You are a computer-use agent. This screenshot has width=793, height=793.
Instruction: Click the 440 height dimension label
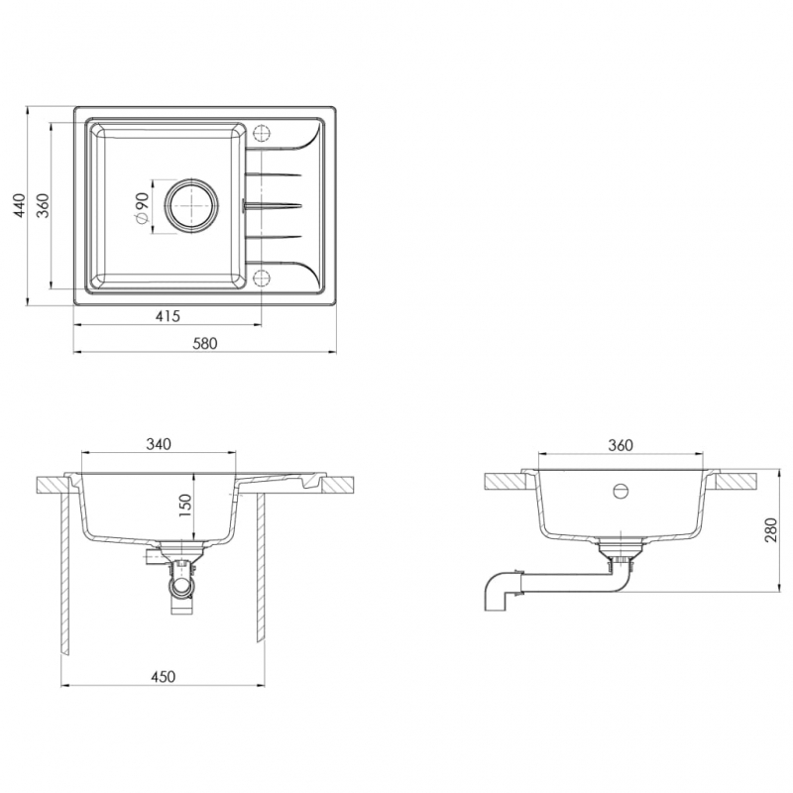click(x=19, y=205)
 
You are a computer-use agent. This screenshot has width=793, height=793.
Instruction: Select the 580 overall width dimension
click(x=205, y=343)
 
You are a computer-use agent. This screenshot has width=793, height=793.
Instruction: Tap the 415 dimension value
click(x=168, y=316)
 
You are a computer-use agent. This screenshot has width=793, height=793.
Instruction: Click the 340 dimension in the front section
click(x=159, y=444)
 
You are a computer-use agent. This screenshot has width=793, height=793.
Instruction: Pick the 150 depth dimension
click(x=185, y=506)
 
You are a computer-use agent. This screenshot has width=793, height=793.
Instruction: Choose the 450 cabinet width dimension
click(x=163, y=677)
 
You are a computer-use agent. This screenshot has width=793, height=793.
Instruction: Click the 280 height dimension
click(x=770, y=530)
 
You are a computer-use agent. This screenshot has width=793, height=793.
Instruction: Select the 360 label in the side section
click(x=621, y=445)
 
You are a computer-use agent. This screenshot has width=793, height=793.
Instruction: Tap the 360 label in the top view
click(x=44, y=205)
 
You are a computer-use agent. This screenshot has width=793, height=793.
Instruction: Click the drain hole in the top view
click(x=191, y=206)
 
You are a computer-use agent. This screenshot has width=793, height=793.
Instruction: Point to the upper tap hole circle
click(x=262, y=134)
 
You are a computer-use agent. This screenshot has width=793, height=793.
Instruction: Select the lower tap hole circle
click(x=262, y=278)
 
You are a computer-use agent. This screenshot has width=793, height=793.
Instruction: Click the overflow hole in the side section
click(x=621, y=491)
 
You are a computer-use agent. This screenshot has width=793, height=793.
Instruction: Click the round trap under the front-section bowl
click(x=181, y=588)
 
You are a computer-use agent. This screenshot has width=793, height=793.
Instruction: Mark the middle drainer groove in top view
click(x=273, y=205)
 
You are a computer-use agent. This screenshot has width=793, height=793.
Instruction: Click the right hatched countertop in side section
click(x=736, y=482)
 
